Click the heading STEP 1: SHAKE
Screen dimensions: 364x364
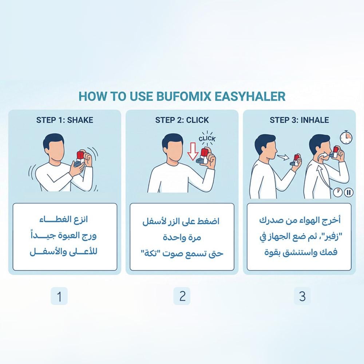pyautogui.click(x=64, y=120)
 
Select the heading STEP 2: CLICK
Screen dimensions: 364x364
pyautogui.click(x=182, y=120)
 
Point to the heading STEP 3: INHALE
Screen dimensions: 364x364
pyautogui.click(x=299, y=120)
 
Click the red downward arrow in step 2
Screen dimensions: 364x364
pyautogui.click(x=193, y=151)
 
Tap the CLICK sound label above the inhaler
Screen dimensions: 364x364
pyautogui.click(x=207, y=139)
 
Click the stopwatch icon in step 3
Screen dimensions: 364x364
pyautogui.click(x=346, y=137)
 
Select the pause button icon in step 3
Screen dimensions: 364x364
pyautogui.click(x=348, y=192)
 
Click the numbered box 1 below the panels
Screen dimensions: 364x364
pyautogui.click(x=59, y=296)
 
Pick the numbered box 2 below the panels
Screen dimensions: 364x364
pyautogui.click(x=182, y=296)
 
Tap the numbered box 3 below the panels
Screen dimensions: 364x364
pyautogui.click(x=302, y=296)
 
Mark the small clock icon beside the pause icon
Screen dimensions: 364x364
pyautogui.click(x=338, y=192)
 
